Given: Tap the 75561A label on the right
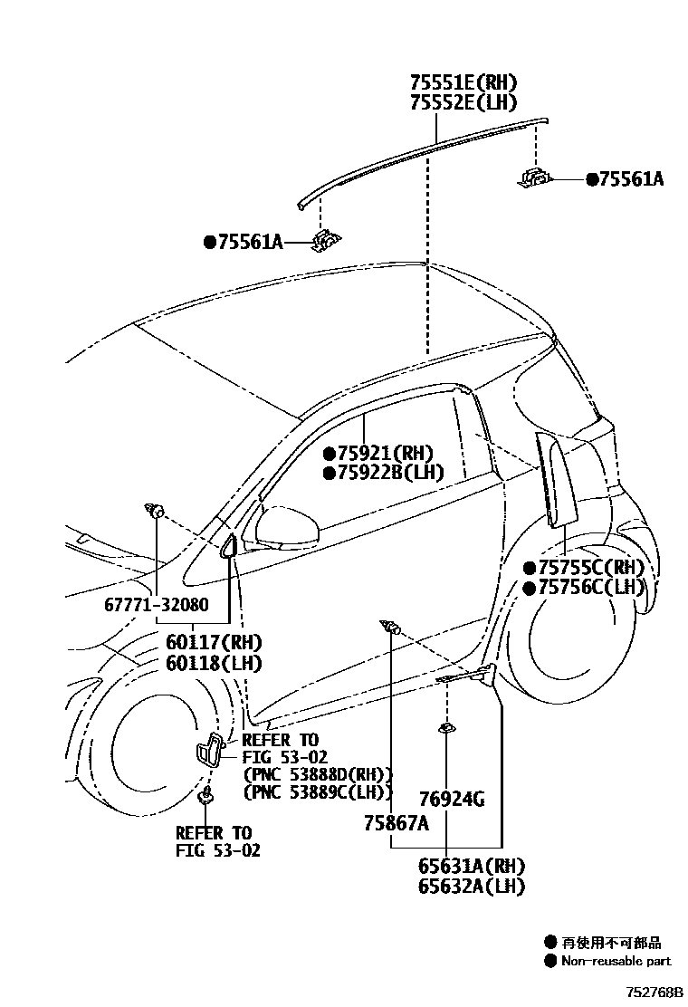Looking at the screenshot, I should pyautogui.click(x=630, y=179).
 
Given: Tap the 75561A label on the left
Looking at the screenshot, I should pyautogui.click(x=249, y=242).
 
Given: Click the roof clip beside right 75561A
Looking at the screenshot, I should pyautogui.click(x=534, y=178).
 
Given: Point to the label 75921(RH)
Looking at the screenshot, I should pyautogui.click(x=384, y=453).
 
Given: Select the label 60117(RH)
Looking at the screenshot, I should pyautogui.click(x=213, y=642).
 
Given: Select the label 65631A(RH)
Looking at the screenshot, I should pyautogui.click(x=471, y=867).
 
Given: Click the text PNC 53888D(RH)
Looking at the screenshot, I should pyautogui.click(x=317, y=774).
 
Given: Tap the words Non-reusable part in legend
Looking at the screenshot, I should pyautogui.click(x=616, y=961).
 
